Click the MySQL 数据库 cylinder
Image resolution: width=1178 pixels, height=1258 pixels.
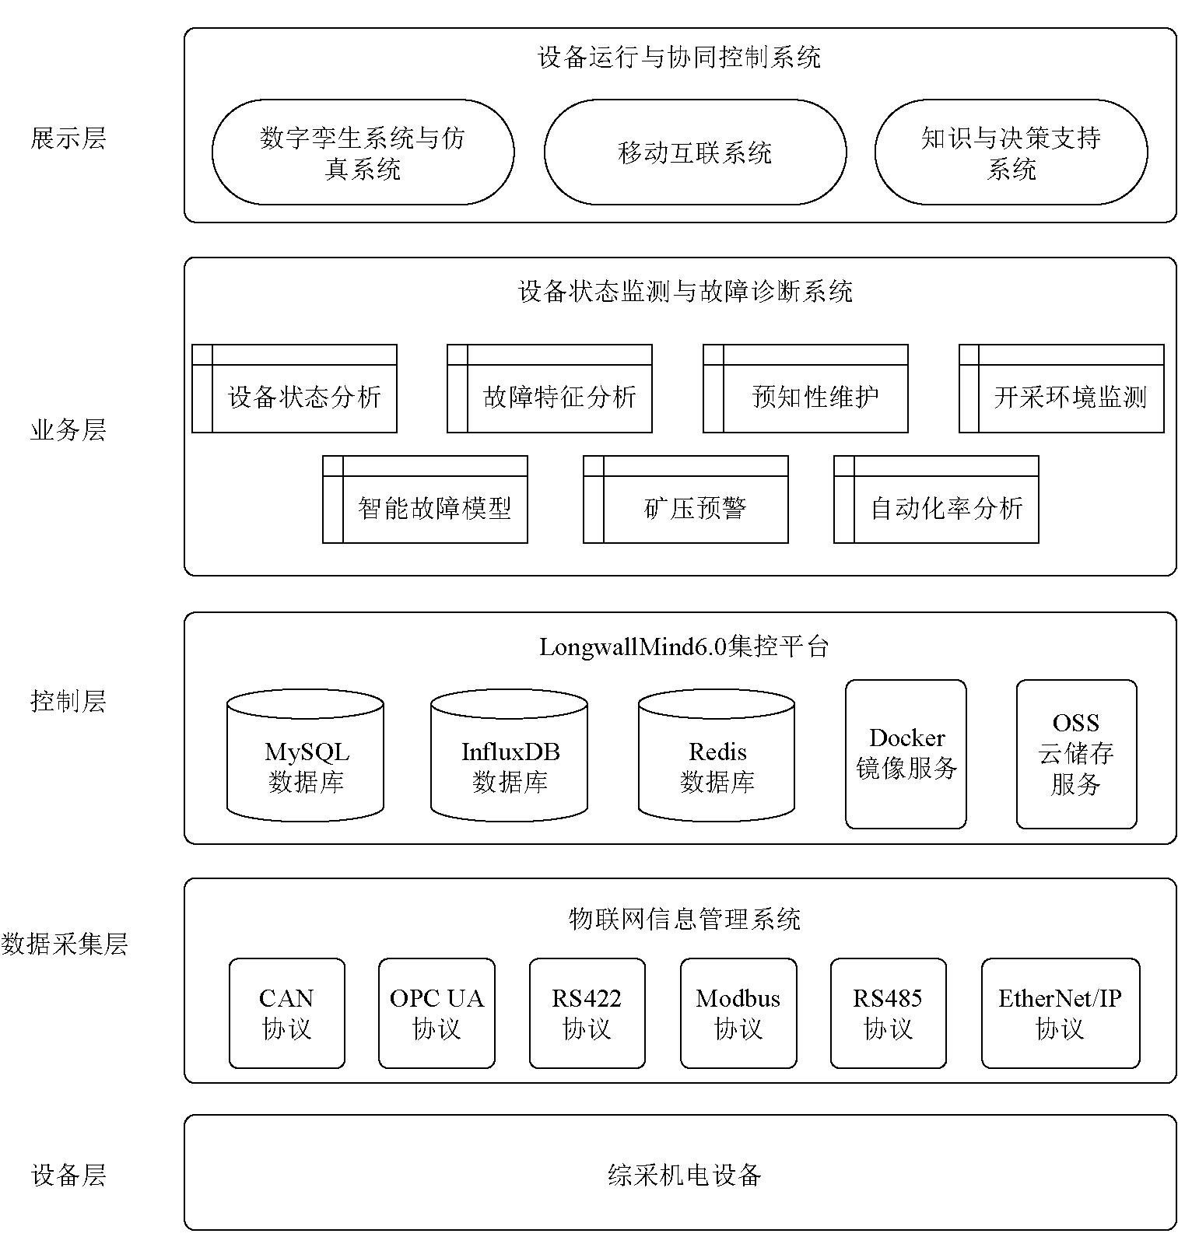click(x=305, y=755)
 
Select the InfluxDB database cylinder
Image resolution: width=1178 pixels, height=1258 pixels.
click(x=509, y=755)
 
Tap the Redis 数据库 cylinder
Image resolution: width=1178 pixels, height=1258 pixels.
click(x=717, y=755)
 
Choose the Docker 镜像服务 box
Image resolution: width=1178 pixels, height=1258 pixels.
click(x=906, y=754)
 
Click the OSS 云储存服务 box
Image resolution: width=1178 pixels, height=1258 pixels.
click(x=1076, y=754)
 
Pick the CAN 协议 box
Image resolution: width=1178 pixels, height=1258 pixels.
click(x=286, y=1013)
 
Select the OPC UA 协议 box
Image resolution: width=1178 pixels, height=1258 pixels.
click(x=436, y=1013)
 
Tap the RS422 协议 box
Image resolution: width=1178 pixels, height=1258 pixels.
click(x=587, y=1013)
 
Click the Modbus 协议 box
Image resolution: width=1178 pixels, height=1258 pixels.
click(x=738, y=1013)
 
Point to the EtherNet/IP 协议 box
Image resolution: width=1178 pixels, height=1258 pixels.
click(x=1061, y=1013)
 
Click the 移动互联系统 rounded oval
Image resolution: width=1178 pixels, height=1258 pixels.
click(x=695, y=152)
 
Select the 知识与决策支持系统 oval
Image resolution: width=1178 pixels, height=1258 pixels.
click(x=1011, y=152)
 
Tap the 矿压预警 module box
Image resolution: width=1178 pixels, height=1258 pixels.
click(x=685, y=499)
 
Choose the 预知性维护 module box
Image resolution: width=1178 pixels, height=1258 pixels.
click(x=805, y=388)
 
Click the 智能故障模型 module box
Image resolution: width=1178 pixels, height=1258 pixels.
click(x=425, y=499)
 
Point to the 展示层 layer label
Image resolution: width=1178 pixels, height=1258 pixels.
click(x=68, y=138)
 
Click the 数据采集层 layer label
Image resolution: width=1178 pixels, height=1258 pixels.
click(x=65, y=944)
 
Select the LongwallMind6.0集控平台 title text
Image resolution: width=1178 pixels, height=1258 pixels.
click(x=684, y=647)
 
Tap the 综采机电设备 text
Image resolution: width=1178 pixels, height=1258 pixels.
click(x=684, y=1174)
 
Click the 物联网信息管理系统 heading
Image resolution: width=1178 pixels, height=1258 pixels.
click(x=684, y=919)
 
